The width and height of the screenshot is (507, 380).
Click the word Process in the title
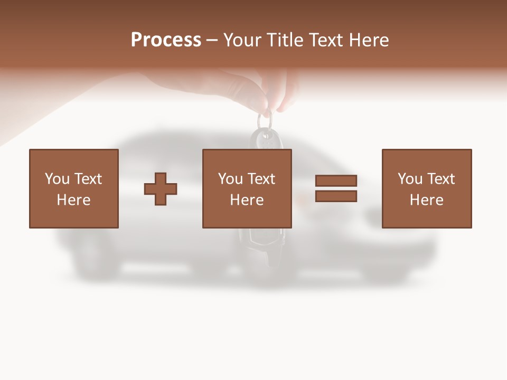tap(166, 40)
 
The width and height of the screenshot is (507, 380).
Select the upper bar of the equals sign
tap(336, 180)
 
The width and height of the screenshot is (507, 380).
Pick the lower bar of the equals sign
tap(336, 196)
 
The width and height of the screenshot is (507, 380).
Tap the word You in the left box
tap(57, 179)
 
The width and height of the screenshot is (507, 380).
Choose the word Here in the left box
tap(73, 200)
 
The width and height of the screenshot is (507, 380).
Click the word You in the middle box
tap(230, 179)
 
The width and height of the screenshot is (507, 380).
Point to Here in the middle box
tap(247, 200)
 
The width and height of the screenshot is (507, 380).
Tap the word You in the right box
tap(409, 179)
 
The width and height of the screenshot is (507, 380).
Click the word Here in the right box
tap(426, 200)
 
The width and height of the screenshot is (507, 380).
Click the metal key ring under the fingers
tap(266, 120)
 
